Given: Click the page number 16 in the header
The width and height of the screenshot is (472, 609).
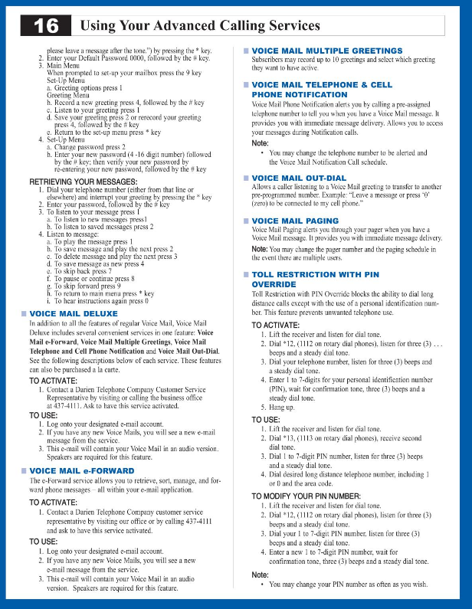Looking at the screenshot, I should pyautogui.click(x=45, y=25).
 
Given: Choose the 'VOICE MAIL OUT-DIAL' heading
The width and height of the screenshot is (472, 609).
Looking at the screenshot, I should pyautogui.click(x=302, y=178).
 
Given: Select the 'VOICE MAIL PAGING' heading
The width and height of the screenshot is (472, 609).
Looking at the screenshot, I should pyautogui.click(x=295, y=221).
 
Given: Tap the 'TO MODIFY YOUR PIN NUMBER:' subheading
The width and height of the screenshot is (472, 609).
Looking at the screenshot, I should pyautogui.click(x=308, y=497).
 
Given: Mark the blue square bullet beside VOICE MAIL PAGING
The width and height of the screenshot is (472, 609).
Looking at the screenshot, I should pyautogui.click(x=246, y=221).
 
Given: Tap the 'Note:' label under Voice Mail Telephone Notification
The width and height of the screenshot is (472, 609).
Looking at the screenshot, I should pyautogui.click(x=261, y=143).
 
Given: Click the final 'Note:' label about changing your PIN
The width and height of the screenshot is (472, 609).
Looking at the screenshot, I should pyautogui.click(x=261, y=575).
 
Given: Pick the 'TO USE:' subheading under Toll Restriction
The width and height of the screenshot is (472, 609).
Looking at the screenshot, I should pyautogui.click(x=266, y=420).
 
